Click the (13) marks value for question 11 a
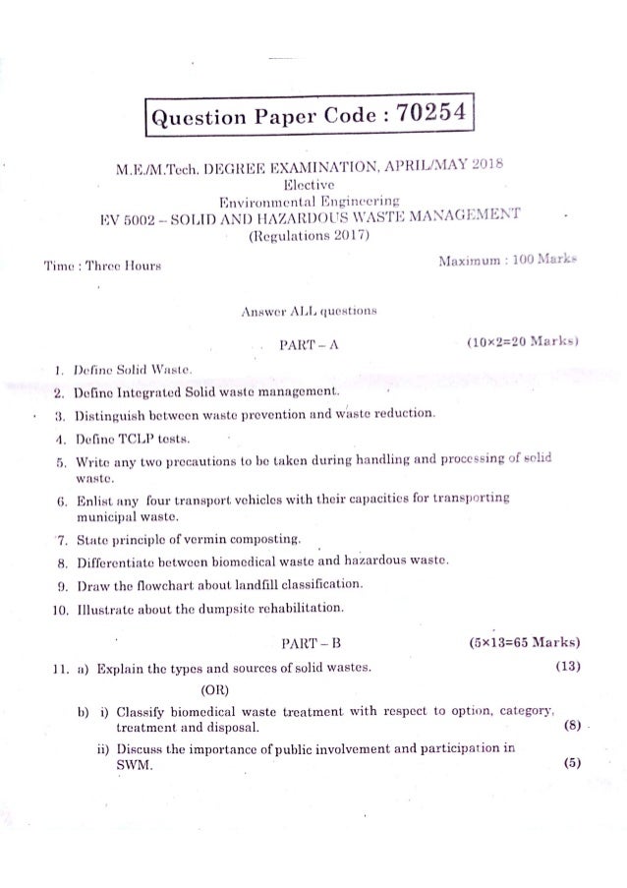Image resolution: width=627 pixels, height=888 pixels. click(564, 670)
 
